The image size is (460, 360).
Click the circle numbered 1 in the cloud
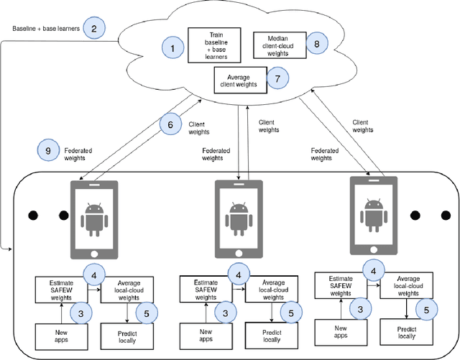point(172,48)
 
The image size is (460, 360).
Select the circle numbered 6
point(171,125)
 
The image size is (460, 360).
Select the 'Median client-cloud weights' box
point(280,43)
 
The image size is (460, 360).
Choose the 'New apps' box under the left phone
point(61,335)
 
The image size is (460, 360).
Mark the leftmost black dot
point(32,215)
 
